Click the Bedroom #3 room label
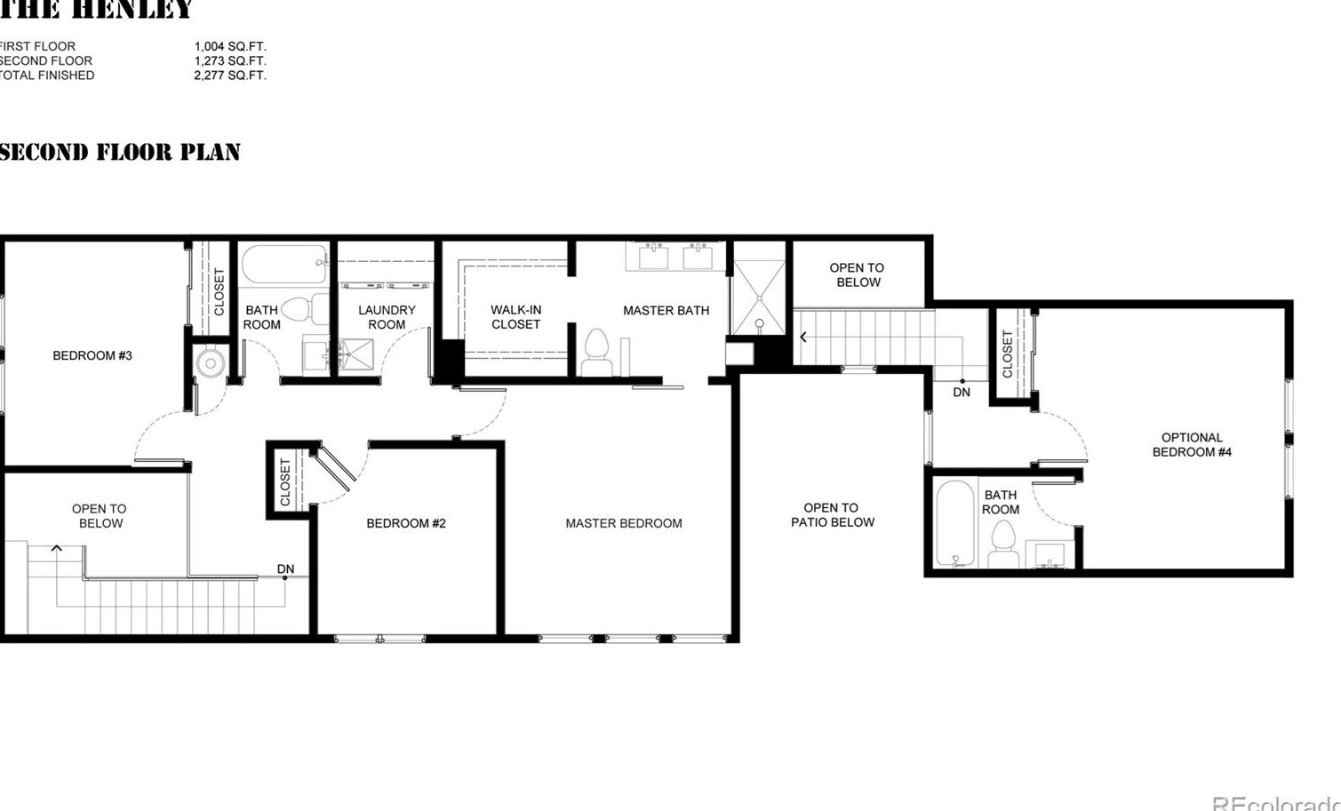[x=92, y=355]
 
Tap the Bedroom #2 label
[x=406, y=523]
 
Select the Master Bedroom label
[x=624, y=523]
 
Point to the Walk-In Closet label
[x=516, y=317]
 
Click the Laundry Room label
[x=387, y=317]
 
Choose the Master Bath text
[x=666, y=310]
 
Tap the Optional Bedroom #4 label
[x=1192, y=444]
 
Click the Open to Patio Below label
[x=832, y=515]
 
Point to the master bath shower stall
[x=759, y=297]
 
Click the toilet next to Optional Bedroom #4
[x=1003, y=543]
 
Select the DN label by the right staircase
[x=962, y=392]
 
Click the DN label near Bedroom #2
[x=285, y=568]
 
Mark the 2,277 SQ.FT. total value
[x=230, y=76]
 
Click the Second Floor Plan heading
[x=120, y=152]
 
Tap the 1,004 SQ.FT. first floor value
[x=230, y=46]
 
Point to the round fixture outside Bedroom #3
[x=211, y=362]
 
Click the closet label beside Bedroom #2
[x=285, y=481]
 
